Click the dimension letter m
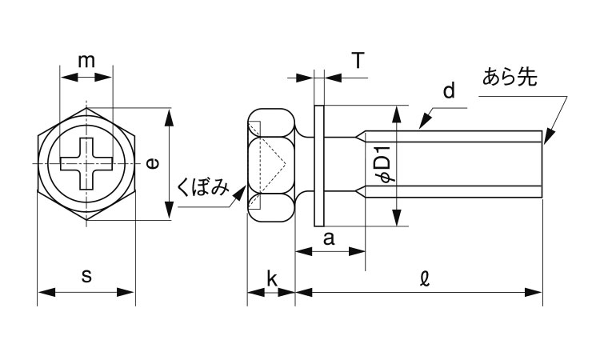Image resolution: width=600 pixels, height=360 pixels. click(x=86, y=60)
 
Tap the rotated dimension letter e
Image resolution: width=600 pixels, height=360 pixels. click(x=152, y=163)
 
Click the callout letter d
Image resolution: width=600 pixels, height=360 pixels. click(x=449, y=91)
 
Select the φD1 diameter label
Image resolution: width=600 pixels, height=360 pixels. click(x=382, y=164)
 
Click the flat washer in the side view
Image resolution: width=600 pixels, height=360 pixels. click(x=320, y=163)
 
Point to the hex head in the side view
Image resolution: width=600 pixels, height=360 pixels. click(x=272, y=163)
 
